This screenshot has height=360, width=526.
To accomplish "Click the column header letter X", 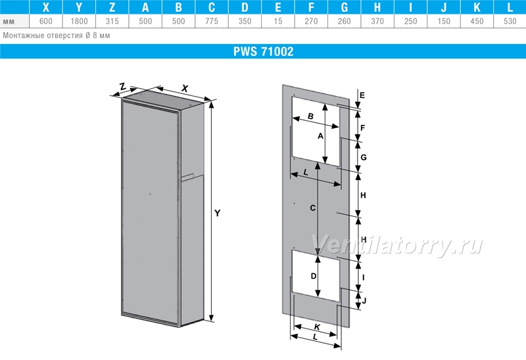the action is [46, 7].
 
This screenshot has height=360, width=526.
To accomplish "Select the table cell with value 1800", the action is [79, 22].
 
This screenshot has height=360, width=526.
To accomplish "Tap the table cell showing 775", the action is [212, 22].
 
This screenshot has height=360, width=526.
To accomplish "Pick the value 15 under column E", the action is [278, 22].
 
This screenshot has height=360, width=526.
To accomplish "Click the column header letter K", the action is [477, 7].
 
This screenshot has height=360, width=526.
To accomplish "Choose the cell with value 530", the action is [510, 22].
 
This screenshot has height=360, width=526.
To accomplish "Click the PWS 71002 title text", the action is [264, 51].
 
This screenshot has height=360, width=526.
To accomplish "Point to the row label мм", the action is [9, 22].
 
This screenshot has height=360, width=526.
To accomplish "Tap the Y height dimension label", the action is [218, 214].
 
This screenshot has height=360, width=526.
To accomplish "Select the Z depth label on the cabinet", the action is [123, 87].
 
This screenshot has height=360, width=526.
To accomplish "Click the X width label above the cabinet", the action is [185, 89].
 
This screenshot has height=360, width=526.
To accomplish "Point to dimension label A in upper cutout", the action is [320, 136].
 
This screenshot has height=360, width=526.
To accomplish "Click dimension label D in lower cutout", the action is [314, 276].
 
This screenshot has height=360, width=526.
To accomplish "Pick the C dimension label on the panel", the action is [313, 208].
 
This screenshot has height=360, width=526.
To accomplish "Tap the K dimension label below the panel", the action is [317, 326].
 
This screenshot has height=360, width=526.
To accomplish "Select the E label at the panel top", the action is [362, 95].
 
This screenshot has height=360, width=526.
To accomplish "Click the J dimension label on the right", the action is [364, 300].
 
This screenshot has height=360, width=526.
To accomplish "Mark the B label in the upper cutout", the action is [310, 116].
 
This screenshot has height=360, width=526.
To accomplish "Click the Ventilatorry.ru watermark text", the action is [397, 245].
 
